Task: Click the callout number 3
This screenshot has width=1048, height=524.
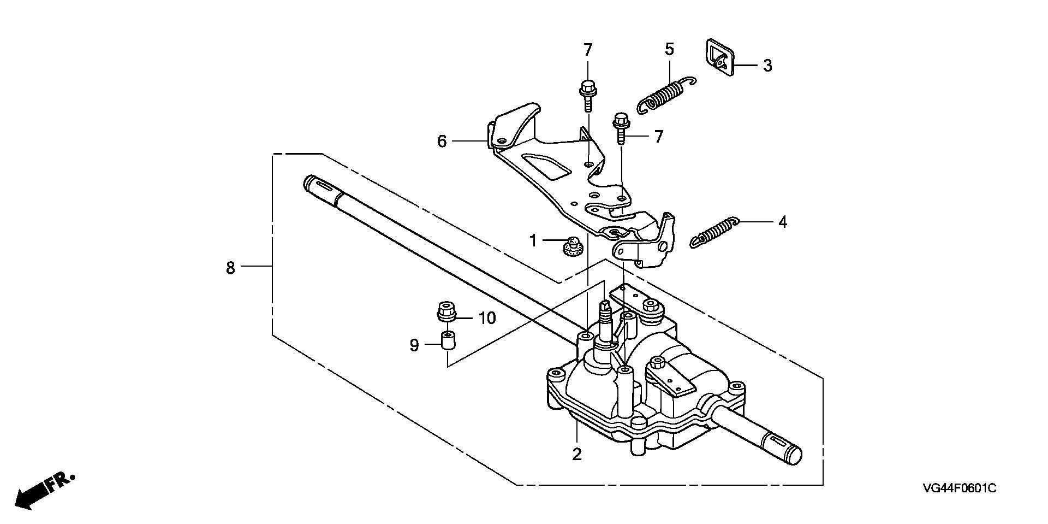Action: [767, 66]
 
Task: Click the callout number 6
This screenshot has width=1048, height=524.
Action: [442, 142]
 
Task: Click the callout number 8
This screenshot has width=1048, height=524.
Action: [230, 268]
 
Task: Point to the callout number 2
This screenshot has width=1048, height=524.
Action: [577, 455]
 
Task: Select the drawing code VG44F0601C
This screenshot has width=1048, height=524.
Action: [960, 488]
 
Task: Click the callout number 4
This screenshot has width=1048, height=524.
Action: [783, 222]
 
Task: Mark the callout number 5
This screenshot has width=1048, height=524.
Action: [669, 49]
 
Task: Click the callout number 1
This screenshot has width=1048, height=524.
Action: [533, 240]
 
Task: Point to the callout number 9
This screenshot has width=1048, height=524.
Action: [414, 345]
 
